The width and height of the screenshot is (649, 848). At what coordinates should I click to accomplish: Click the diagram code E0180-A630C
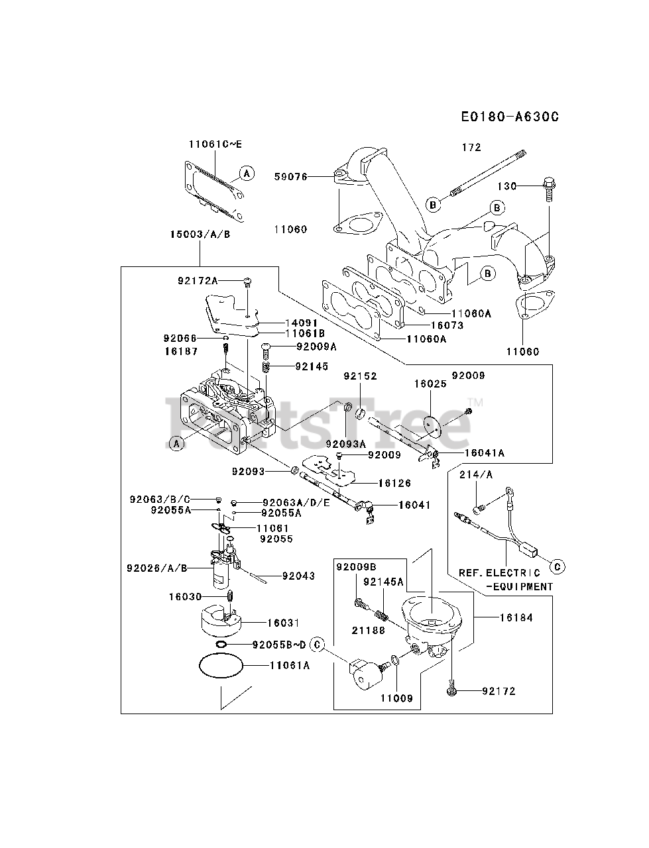[510, 117]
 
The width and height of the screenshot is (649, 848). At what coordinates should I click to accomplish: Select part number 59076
[290, 177]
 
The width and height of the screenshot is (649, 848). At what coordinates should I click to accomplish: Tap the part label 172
[471, 147]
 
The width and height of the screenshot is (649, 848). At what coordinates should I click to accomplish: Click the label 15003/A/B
[200, 234]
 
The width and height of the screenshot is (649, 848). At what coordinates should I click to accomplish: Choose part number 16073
[447, 325]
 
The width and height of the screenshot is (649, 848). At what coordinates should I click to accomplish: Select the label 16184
[516, 617]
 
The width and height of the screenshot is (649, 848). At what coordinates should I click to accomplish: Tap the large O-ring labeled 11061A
[221, 665]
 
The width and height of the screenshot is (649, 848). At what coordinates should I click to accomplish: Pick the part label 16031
[283, 623]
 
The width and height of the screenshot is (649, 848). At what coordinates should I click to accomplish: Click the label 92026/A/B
[156, 568]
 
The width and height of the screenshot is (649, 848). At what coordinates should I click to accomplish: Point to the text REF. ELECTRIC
[499, 572]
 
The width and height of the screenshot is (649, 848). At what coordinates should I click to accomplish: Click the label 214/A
[476, 474]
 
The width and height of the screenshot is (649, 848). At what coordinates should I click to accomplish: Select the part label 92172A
[198, 280]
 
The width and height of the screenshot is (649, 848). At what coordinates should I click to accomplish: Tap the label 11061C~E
[215, 144]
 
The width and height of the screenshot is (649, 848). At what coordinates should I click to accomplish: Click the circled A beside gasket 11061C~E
[247, 173]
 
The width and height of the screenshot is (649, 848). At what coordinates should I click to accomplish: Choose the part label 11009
[396, 698]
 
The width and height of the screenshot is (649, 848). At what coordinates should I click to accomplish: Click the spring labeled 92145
[266, 366]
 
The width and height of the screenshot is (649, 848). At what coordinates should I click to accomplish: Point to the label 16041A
[485, 452]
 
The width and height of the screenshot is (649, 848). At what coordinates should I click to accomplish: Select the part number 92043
[298, 576]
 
